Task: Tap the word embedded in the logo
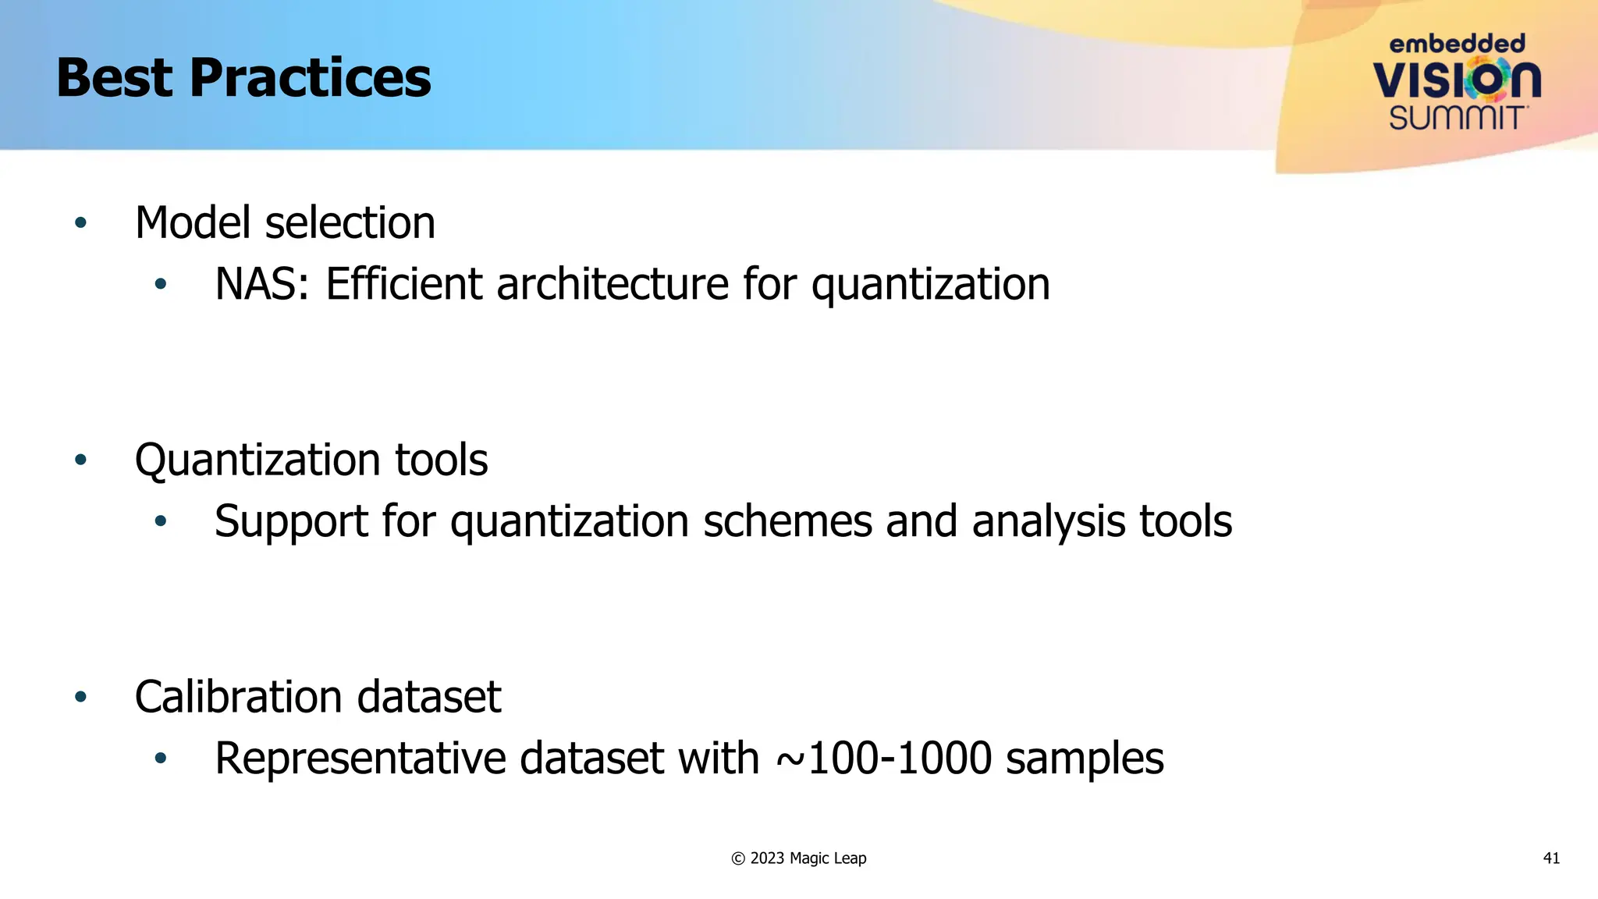point(1457,44)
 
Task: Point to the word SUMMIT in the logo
point(1457,118)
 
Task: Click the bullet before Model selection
point(80,223)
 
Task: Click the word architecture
point(612,283)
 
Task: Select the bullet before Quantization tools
point(80,460)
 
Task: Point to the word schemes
point(787,521)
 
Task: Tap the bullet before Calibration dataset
point(80,696)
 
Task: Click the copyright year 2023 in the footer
point(767,858)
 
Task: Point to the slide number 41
point(1551,858)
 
